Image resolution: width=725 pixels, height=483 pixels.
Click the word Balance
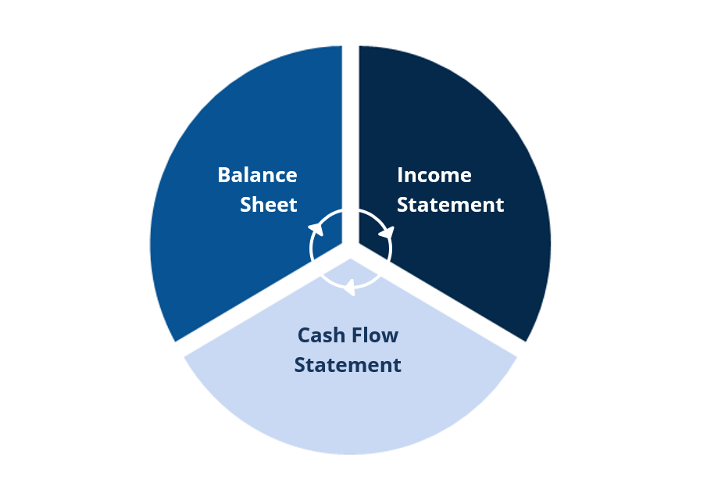(x=257, y=174)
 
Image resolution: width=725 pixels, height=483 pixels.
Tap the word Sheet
(x=268, y=205)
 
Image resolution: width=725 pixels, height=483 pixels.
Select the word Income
(x=434, y=175)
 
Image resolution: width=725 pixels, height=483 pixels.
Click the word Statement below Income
(x=450, y=205)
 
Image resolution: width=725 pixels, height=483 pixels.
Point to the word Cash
(x=322, y=335)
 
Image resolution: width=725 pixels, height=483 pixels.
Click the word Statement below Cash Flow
(x=348, y=365)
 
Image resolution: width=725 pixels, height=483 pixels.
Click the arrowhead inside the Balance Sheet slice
(x=316, y=228)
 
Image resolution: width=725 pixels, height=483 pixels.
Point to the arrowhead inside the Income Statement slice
(x=386, y=232)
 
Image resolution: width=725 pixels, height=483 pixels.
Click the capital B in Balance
(x=224, y=174)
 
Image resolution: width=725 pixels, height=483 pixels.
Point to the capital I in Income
(x=400, y=175)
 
